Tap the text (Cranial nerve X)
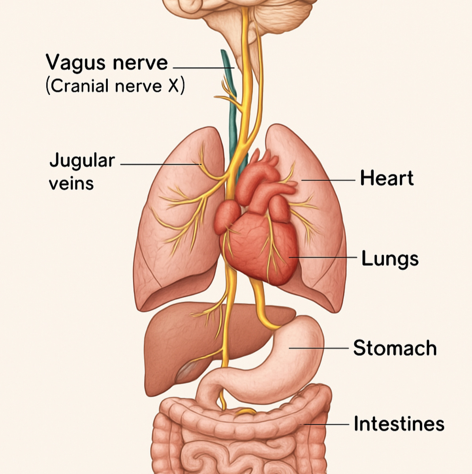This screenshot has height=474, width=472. [115, 86]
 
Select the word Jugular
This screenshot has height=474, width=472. [82, 161]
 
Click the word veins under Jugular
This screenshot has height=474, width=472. [71, 183]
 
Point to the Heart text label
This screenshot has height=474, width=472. [387, 178]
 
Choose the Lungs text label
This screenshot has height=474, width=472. [390, 259]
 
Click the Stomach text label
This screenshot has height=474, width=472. [395, 348]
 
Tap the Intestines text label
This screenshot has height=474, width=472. [399, 423]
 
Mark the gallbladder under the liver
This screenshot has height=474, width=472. [186, 371]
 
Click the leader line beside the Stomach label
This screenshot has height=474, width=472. [318, 348]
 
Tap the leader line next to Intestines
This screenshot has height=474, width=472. [326, 425]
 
